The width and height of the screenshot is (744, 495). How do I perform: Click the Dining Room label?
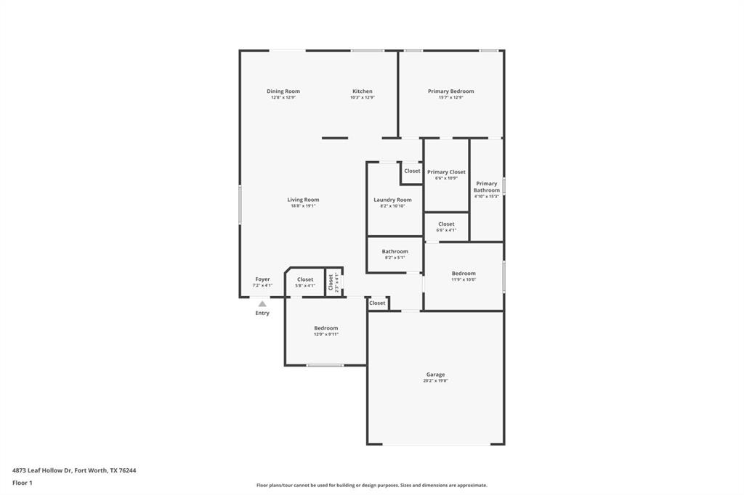(x=283, y=91)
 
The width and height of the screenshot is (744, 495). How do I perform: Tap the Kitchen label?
(x=363, y=91)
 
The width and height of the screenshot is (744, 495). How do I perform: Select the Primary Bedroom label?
(x=450, y=91)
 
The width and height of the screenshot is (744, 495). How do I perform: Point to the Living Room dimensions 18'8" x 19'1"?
(x=303, y=206)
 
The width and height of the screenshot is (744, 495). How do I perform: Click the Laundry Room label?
(x=392, y=200)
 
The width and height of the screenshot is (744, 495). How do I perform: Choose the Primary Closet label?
(x=446, y=172)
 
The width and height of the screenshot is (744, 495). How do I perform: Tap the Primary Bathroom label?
(x=487, y=187)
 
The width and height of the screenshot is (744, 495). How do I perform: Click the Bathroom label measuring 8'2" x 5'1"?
(x=395, y=252)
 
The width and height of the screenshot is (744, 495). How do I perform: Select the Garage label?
(x=435, y=375)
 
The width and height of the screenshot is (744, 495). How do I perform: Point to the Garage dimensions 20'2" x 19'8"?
(x=435, y=381)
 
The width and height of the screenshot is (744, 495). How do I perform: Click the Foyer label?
(x=262, y=279)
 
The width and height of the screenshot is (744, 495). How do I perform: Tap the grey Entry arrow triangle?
(x=262, y=304)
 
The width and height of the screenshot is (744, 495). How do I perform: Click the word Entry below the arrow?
(x=262, y=314)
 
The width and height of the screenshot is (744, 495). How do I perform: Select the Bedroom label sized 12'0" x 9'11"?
(x=325, y=328)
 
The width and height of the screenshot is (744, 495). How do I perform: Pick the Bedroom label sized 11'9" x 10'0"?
(x=464, y=274)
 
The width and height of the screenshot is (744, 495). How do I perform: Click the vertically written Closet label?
(x=331, y=282)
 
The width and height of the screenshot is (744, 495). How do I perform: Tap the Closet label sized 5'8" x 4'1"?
(x=305, y=279)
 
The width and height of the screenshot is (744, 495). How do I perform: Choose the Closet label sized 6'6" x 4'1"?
(x=446, y=224)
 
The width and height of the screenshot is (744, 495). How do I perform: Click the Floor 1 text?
(x=23, y=483)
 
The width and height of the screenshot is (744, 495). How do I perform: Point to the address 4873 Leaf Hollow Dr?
(x=42, y=470)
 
